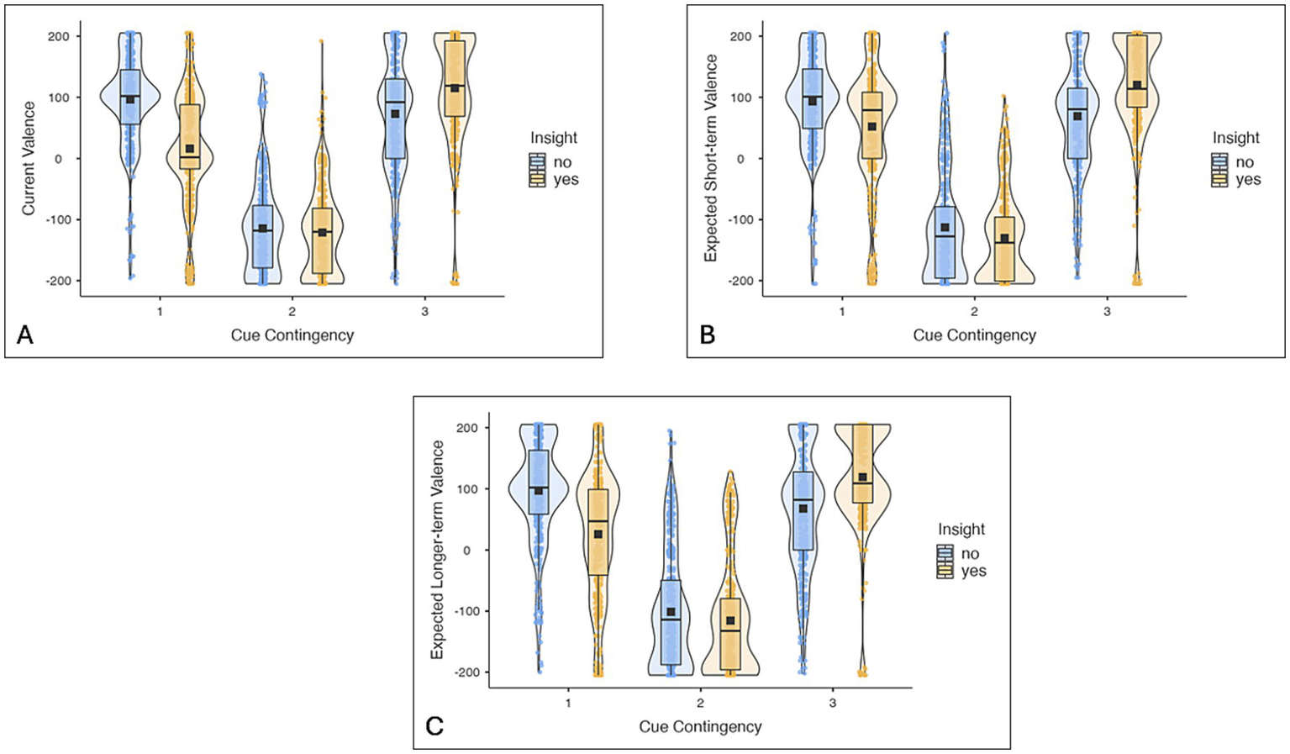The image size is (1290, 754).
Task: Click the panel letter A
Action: [x=25, y=335]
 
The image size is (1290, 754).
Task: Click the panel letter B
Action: [x=708, y=335]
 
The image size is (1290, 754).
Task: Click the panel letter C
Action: [x=434, y=726]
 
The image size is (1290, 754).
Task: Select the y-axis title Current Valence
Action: [x=29, y=158]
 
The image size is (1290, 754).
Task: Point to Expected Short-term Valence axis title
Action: [x=712, y=158]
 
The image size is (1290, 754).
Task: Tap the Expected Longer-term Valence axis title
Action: [x=437, y=549]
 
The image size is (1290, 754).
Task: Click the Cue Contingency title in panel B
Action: [x=974, y=335]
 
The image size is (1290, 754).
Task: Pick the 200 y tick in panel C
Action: [x=466, y=428]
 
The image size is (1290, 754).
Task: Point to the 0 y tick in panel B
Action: [x=740, y=158]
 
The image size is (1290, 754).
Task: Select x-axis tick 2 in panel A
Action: [x=292, y=311]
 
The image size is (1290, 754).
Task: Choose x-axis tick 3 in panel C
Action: [x=832, y=703]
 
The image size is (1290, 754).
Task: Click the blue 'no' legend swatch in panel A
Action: [x=537, y=162]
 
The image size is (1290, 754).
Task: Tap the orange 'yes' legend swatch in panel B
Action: [x=1219, y=179]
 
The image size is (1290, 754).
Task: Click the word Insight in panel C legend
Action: [x=961, y=530]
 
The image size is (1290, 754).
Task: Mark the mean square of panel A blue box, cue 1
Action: [x=130, y=99]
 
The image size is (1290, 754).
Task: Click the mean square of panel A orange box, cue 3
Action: [x=455, y=88]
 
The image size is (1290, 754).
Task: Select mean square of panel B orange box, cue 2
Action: [x=1004, y=239]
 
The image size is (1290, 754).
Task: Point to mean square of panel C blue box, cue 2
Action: [x=671, y=612]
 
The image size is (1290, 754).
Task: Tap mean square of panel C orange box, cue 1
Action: [x=598, y=534]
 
